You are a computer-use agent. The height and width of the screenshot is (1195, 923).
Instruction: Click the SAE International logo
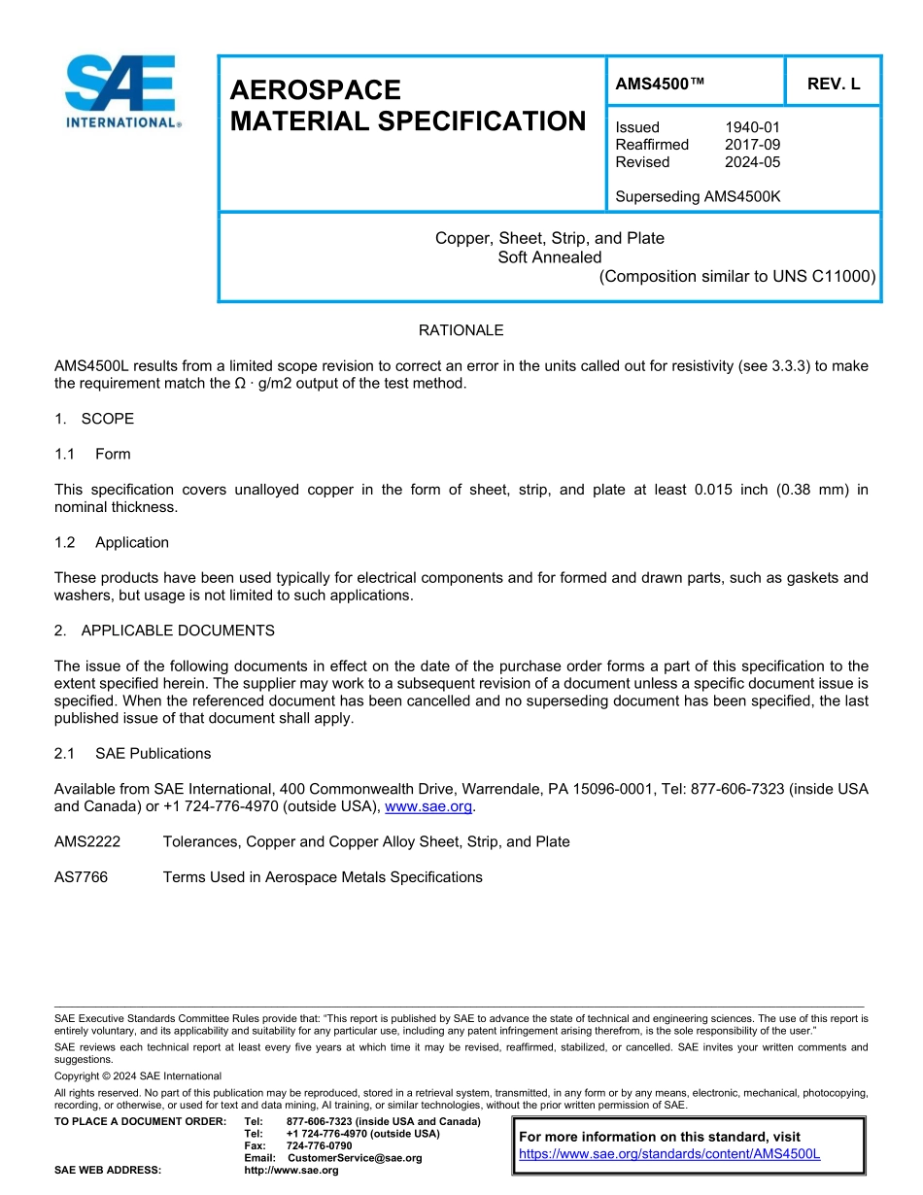click(120, 91)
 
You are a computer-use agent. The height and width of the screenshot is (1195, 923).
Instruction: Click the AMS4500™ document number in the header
click(660, 85)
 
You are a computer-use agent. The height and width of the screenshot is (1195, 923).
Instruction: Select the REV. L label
click(833, 85)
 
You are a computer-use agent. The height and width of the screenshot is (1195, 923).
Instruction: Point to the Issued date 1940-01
click(752, 127)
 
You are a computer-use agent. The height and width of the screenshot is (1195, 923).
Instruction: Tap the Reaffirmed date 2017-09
click(752, 145)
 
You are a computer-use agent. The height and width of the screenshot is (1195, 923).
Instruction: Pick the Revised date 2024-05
click(752, 162)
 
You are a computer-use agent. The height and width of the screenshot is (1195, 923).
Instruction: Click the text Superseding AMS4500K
click(698, 197)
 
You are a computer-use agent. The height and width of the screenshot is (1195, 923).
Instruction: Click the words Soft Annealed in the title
click(549, 257)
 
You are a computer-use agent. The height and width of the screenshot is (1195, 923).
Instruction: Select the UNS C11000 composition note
click(736, 276)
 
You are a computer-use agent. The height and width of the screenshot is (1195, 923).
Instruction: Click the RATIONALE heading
click(461, 330)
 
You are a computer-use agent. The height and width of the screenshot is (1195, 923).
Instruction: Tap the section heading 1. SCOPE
click(94, 419)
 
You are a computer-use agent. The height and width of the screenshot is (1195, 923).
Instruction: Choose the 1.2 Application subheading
click(112, 542)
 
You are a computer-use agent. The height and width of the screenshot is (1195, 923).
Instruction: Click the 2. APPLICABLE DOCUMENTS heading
click(164, 631)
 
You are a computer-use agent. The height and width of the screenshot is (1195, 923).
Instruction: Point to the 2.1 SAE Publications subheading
click(132, 753)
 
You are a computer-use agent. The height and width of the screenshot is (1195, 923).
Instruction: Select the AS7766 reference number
click(81, 877)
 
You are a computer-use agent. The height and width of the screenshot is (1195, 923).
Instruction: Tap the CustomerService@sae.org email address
click(355, 1158)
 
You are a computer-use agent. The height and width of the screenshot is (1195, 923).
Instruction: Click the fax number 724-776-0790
click(319, 1146)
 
